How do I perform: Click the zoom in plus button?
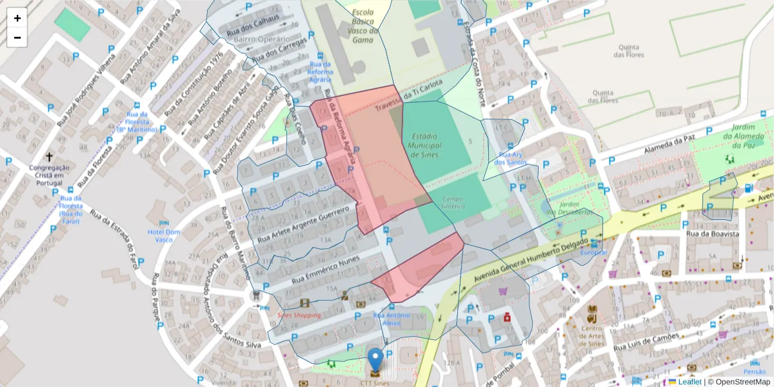click(17, 18)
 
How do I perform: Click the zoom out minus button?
click(17, 37)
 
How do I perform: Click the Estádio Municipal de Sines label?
click(424, 146)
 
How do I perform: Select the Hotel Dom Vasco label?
click(164, 235)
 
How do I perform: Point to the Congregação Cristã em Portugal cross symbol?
click(49, 157)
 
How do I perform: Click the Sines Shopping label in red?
click(299, 315)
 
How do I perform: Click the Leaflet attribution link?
click(690, 382)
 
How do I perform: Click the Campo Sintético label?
click(453, 203)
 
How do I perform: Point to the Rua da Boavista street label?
click(712, 234)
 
